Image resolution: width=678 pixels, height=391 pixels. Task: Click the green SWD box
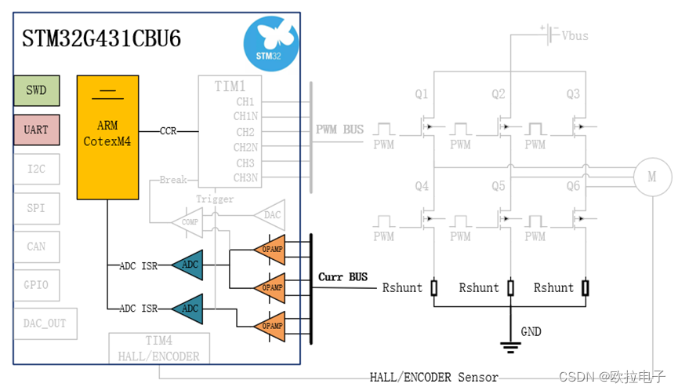(x=36, y=90)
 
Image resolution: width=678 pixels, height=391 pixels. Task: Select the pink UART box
(x=36, y=130)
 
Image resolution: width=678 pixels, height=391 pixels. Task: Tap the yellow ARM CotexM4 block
(x=107, y=137)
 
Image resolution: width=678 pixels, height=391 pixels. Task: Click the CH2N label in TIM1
(x=245, y=147)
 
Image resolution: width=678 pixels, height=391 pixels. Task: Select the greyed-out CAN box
(x=36, y=247)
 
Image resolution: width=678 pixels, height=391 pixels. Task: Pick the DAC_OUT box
(x=45, y=323)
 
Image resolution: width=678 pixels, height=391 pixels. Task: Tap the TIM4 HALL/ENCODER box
(x=158, y=348)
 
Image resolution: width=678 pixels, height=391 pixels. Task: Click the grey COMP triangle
(x=187, y=222)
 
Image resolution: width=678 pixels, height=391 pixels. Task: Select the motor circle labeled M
(x=652, y=177)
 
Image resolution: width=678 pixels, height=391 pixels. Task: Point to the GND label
(x=531, y=332)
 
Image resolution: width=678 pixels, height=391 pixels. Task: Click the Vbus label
(x=575, y=35)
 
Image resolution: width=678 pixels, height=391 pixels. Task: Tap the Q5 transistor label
(x=499, y=187)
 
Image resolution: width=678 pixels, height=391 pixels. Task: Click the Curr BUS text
(x=343, y=277)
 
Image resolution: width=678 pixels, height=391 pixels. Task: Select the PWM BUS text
(x=339, y=129)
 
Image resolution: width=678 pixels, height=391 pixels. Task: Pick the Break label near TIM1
(x=173, y=180)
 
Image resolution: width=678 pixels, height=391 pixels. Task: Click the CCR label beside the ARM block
(x=169, y=130)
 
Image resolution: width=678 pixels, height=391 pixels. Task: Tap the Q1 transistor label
(x=422, y=94)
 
